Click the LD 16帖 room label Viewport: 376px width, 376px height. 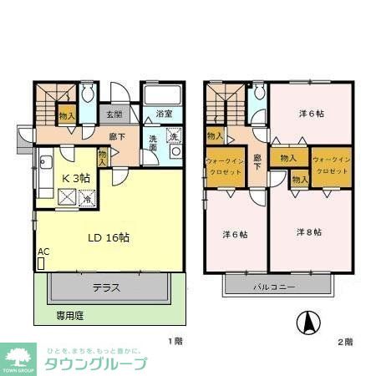[109, 237]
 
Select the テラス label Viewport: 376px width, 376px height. [105, 288]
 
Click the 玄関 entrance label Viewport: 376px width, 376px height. [114, 114]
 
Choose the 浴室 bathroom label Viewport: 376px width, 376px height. [164, 114]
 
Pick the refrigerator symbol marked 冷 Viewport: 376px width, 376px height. [87, 199]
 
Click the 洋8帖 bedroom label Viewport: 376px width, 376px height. [309, 231]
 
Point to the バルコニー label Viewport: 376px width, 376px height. [275, 287]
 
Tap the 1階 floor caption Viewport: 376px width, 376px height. [174, 342]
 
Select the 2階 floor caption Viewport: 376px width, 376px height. [345, 342]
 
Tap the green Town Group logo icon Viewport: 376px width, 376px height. [18, 353]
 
